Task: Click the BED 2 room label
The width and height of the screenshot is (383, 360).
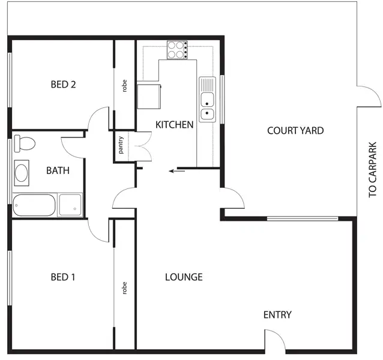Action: pos(63,85)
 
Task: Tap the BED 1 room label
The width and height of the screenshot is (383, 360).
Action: pos(63,277)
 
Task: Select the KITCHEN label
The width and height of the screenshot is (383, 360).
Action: pos(174,125)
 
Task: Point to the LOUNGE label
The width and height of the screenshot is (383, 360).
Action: pos(184,277)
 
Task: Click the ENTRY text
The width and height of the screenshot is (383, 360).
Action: pos(277,315)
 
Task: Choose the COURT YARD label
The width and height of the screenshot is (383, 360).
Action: pos(295,130)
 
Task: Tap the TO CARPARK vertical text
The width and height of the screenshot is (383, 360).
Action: pos(373,170)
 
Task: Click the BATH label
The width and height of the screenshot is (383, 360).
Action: pos(58,170)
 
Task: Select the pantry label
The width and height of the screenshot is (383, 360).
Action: pos(121,146)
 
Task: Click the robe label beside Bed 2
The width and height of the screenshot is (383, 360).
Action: pos(125,86)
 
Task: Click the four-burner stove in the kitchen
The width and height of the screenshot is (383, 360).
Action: pos(177,49)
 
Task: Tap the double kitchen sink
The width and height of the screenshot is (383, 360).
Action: pos(207,100)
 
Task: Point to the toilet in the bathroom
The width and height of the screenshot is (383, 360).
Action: pos(25,143)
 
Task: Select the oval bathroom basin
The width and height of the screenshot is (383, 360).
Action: pos(22,173)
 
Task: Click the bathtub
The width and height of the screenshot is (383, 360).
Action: pos(34,205)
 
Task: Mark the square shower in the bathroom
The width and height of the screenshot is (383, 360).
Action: pos(70,205)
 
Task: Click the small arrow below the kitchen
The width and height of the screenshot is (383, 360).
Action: pos(176,171)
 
